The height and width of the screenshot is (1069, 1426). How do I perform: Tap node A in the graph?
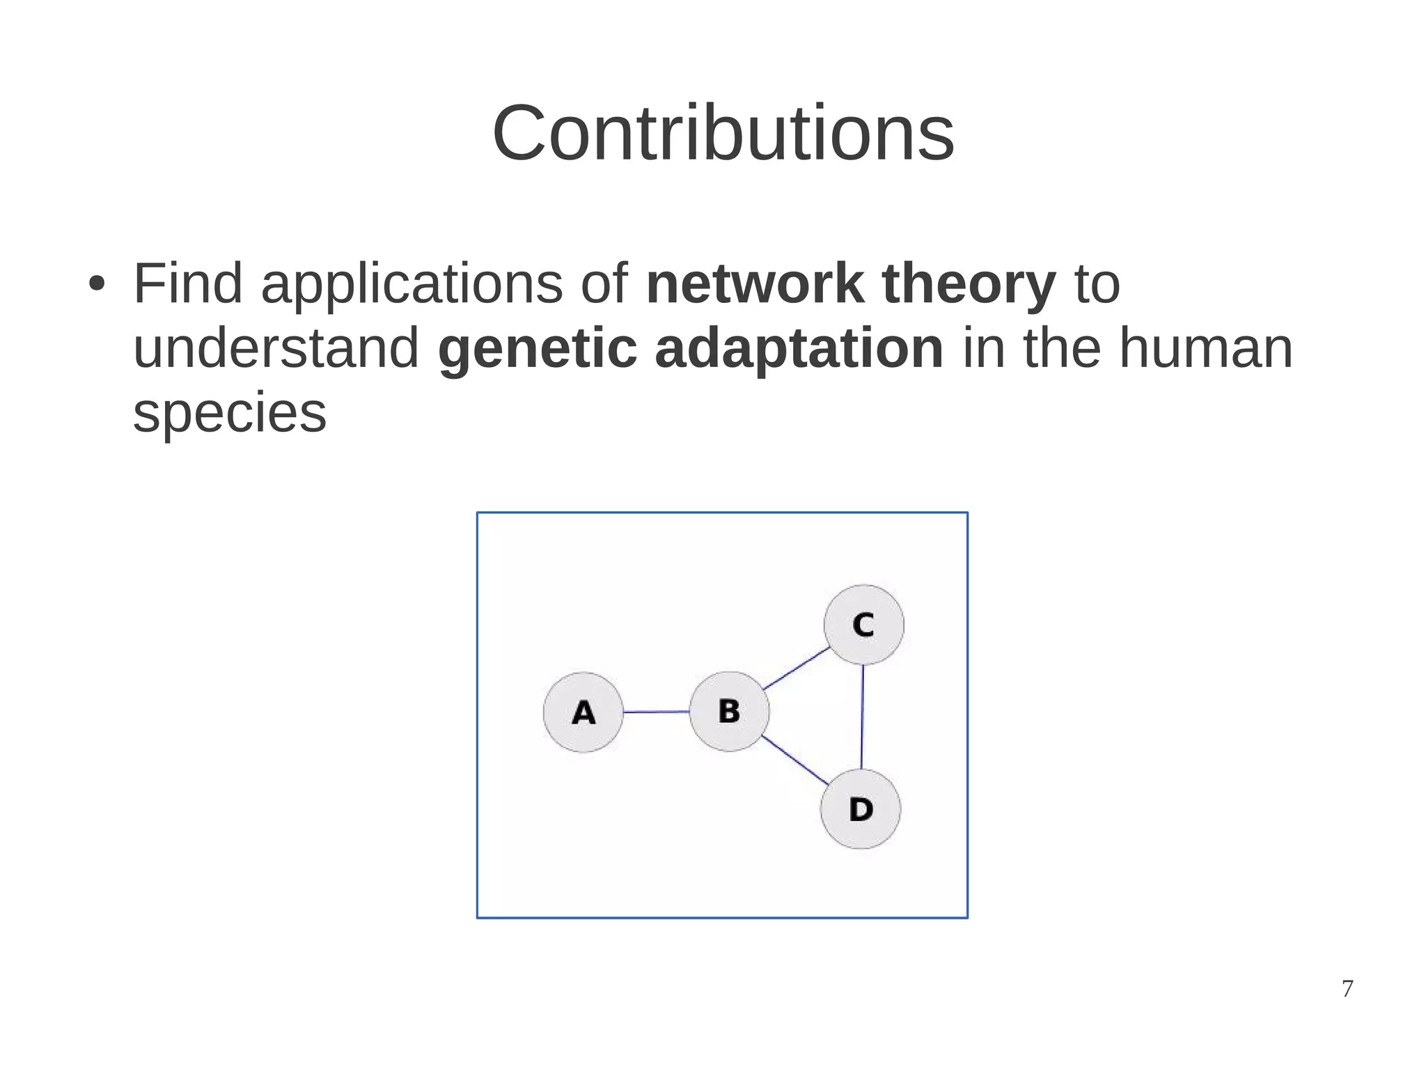pos(583,712)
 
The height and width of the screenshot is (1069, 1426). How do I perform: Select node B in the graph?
pos(729,711)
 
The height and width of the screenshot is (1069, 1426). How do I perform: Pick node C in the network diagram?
pos(863,625)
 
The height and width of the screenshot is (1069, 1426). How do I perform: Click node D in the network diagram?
pos(861,809)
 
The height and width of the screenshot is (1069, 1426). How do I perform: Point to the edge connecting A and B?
pos(656,712)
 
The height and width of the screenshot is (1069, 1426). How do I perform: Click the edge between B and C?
pos(796,669)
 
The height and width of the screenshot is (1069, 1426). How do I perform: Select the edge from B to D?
pos(794,760)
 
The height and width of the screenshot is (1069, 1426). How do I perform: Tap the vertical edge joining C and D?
pos(862,717)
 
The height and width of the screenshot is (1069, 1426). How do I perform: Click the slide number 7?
pos(1347,988)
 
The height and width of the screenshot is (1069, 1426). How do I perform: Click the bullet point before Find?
pos(97,284)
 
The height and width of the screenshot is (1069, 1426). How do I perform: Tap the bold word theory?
pos(969,285)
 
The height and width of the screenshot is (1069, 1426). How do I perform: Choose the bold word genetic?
pos(537,348)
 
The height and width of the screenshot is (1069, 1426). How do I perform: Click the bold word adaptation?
pos(799,348)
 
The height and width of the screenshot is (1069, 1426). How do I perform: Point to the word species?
pos(229,413)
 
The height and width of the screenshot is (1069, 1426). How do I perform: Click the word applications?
pos(412,285)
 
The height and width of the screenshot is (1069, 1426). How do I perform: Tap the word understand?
pos(276,348)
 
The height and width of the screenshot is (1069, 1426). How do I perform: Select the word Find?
pos(187,283)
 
